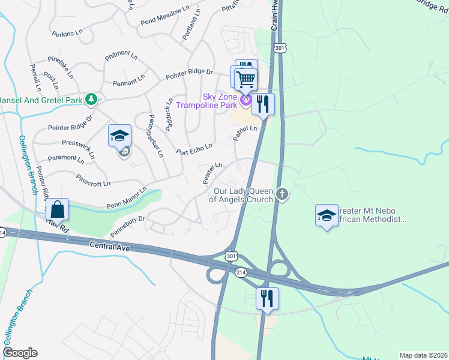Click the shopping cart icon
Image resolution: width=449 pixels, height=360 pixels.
pyautogui.click(x=246, y=79)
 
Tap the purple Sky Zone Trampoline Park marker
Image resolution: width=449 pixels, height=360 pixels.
pyautogui.click(x=246, y=99)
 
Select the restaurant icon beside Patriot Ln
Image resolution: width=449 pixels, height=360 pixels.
pyautogui.click(x=263, y=104)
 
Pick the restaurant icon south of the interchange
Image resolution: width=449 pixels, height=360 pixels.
pyautogui.click(x=267, y=298)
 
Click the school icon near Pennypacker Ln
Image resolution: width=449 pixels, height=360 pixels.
pyautogui.click(x=119, y=136)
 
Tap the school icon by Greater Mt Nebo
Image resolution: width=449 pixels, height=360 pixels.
pyautogui.click(x=326, y=215)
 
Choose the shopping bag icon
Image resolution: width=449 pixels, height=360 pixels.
pyautogui.click(x=58, y=209)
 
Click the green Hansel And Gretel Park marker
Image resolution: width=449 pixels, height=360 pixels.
pyautogui.click(x=91, y=98)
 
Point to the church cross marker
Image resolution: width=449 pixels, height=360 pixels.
pyautogui.click(x=282, y=194)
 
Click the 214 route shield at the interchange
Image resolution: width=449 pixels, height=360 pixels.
pyautogui.click(x=241, y=272)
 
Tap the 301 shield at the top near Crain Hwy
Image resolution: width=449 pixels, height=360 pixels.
pyautogui.click(x=279, y=47)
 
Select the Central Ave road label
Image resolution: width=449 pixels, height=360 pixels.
pyautogui.click(x=110, y=245)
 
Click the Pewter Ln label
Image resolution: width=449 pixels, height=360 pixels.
pyautogui.click(x=212, y=173)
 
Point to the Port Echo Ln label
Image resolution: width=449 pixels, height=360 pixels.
pyautogui.click(x=194, y=148)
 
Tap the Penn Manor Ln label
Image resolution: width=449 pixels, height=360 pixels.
pyautogui.click(x=126, y=197)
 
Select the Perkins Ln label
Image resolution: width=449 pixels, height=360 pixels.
pyautogui.click(x=67, y=34)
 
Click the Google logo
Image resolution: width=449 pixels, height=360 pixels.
pyautogui.click(x=20, y=353)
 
